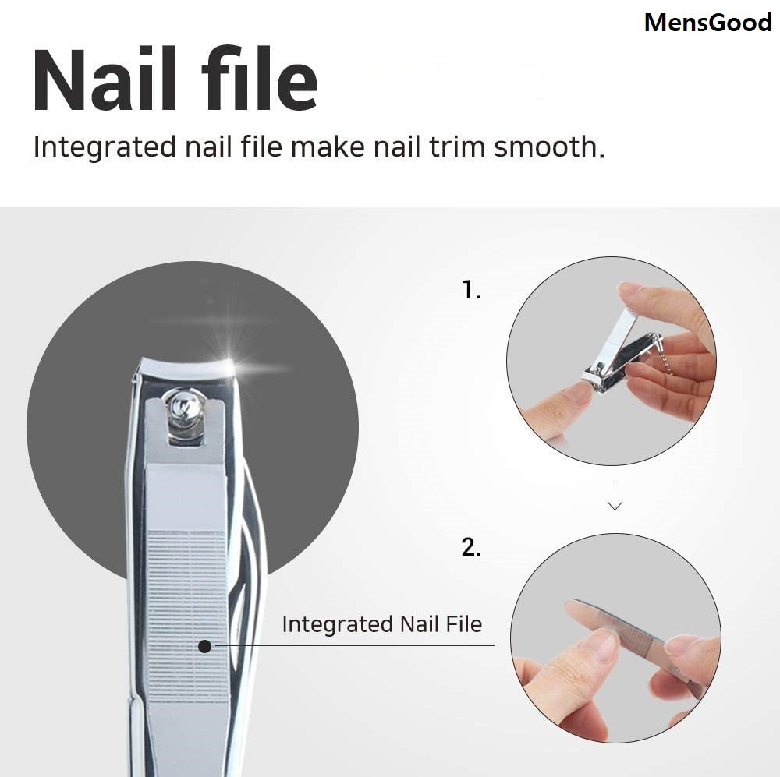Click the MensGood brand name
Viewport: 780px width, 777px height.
point(707,23)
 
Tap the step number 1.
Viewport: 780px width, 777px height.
point(471,291)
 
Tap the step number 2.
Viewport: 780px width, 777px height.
point(471,547)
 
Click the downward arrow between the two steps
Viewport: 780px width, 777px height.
point(615,496)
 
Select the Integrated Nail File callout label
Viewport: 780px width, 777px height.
point(381,624)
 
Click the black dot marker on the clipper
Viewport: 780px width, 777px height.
point(205,645)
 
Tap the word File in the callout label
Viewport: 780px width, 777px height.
point(463,624)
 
